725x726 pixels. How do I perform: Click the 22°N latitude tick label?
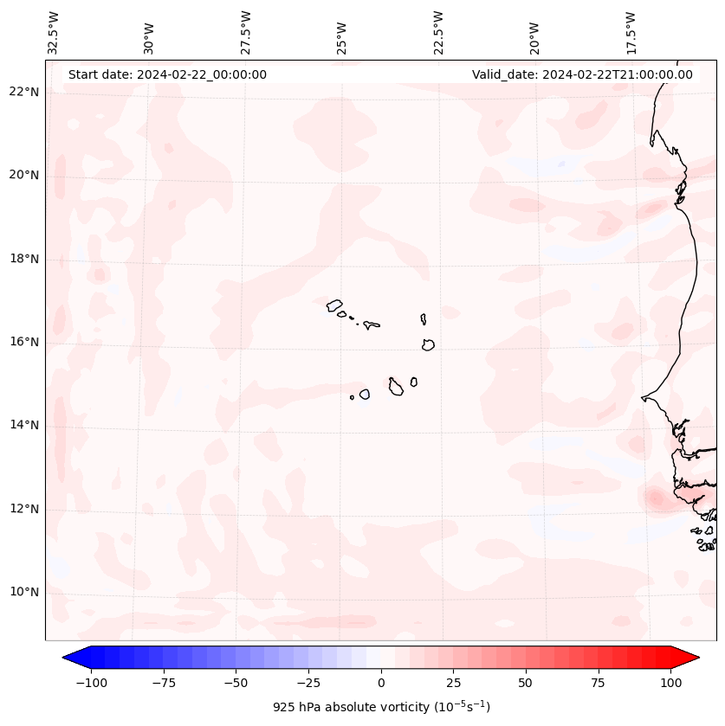25,92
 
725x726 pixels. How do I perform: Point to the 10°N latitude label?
25,593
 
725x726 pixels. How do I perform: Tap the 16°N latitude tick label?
25,342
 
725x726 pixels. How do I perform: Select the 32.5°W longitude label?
54,32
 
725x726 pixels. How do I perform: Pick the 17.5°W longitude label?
631,32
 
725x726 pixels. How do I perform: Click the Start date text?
167,74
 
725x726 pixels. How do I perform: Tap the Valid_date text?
582,74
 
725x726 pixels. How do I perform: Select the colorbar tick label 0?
381,683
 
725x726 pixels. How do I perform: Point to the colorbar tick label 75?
598,683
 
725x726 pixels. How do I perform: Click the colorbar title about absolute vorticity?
381,707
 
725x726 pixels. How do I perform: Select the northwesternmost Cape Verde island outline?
334,305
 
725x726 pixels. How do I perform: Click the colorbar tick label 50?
526,683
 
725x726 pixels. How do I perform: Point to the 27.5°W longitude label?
246,32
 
